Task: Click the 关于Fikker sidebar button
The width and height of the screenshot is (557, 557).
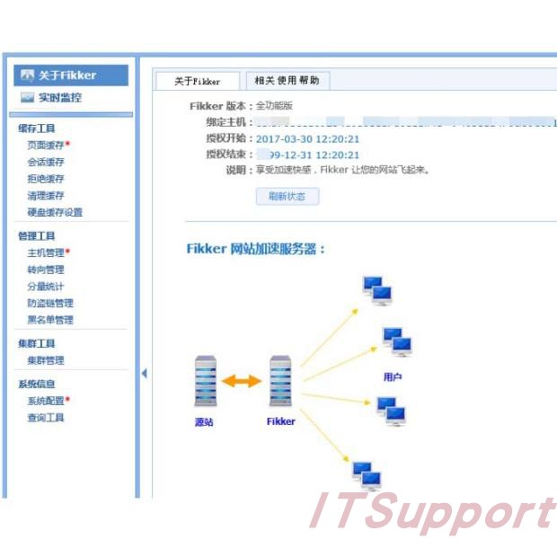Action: (x=71, y=75)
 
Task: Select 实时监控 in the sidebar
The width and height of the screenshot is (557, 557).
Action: (x=60, y=97)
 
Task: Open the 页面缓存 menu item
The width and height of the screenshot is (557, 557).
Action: (x=46, y=145)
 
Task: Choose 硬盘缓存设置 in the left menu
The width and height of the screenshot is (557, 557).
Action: (x=55, y=212)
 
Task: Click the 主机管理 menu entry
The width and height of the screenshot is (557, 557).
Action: (x=46, y=252)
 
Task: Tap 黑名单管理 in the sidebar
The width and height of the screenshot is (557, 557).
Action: (x=50, y=320)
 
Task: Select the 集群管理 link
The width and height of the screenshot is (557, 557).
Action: (x=46, y=360)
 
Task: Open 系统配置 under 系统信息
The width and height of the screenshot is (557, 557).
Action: (x=46, y=401)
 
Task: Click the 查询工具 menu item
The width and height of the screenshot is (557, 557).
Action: (x=46, y=418)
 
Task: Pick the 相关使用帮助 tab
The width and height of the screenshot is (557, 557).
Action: (x=287, y=80)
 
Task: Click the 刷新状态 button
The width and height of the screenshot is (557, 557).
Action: (x=287, y=196)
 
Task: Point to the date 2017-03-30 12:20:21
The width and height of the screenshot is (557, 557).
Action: (x=307, y=139)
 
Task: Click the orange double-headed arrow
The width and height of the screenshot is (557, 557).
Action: (x=241, y=381)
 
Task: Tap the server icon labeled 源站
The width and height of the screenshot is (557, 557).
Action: (x=206, y=381)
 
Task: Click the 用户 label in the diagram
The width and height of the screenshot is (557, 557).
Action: (x=393, y=377)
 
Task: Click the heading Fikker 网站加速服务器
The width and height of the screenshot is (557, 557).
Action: (x=256, y=249)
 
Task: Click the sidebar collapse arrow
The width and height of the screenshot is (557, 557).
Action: (x=144, y=373)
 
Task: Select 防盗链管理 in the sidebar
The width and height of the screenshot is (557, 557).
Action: (x=50, y=303)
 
